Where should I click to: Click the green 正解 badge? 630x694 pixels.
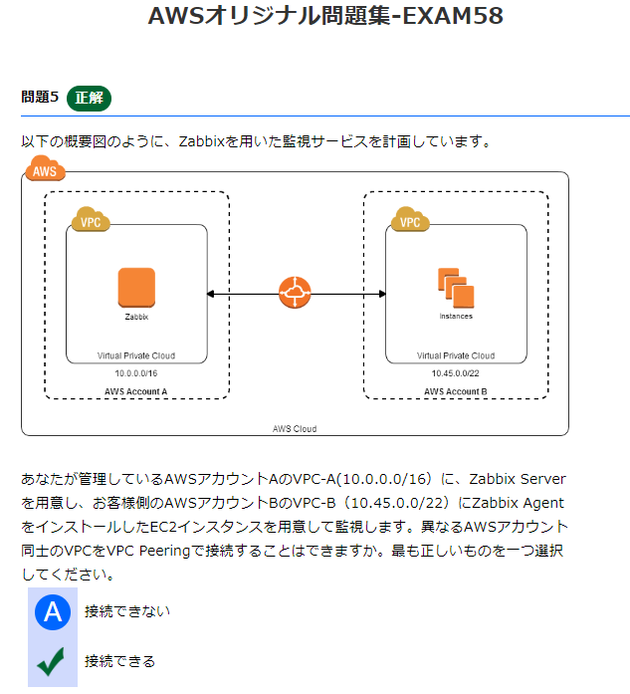(90, 98)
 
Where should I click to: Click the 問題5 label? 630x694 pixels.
(40, 98)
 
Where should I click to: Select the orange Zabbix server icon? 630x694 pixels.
(136, 288)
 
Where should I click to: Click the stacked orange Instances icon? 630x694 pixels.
(456, 288)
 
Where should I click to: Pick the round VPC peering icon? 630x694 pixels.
(296, 293)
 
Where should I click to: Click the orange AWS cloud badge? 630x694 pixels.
(45, 170)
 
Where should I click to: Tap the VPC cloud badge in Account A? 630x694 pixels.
(91, 221)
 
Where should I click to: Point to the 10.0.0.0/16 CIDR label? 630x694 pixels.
(136, 372)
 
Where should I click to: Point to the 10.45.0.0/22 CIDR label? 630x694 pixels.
(456, 372)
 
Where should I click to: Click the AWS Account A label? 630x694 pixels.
(136, 391)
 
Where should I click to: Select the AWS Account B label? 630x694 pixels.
(456, 391)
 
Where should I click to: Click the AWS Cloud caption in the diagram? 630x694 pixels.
(295, 428)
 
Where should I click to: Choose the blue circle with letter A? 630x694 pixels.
(53, 611)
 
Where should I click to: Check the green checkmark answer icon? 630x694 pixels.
(52, 661)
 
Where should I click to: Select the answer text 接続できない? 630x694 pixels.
(127, 611)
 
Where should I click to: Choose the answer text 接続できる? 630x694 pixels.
(119, 661)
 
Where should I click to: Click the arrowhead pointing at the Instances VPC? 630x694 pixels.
(381, 294)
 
